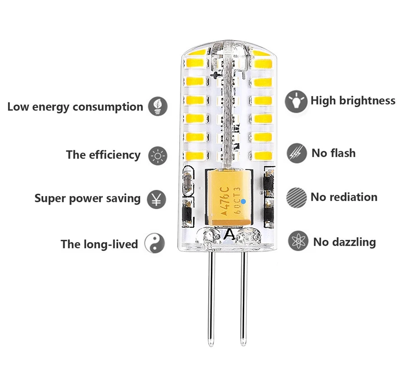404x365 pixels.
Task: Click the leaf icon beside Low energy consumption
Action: tap(158, 107)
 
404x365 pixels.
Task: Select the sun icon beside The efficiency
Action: tap(157, 155)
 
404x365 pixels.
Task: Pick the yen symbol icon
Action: tap(157, 199)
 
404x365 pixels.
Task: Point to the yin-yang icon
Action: tap(154, 244)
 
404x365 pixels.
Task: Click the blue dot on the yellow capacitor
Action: tap(243, 201)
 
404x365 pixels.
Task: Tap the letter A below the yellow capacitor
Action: tap(229, 234)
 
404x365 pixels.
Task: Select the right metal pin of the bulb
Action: tap(244, 298)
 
